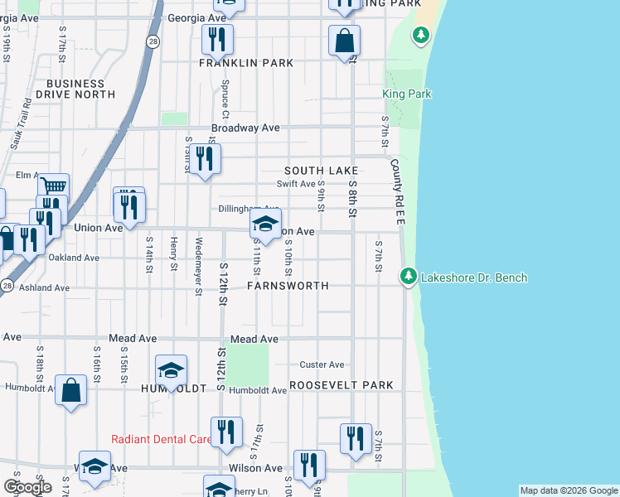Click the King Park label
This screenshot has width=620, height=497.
[407, 94]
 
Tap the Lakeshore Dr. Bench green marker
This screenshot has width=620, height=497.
[408, 276]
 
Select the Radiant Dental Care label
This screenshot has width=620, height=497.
[162, 439]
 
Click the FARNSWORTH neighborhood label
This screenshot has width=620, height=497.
[288, 286]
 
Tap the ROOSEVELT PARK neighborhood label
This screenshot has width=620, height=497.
[341, 386]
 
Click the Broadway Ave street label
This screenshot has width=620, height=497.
[245, 128]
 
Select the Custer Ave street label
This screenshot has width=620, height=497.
[322, 364]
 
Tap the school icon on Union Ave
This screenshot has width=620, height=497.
[265, 224]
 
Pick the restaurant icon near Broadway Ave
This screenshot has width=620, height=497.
[204, 157]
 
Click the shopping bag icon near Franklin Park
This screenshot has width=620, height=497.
[344, 40]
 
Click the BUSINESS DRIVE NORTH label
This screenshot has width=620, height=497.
[80, 89]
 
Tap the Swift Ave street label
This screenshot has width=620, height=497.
[296, 184]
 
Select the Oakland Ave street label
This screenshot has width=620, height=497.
[74, 258]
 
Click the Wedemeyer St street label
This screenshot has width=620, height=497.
[198, 265]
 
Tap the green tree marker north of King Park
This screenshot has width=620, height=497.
[422, 35]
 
